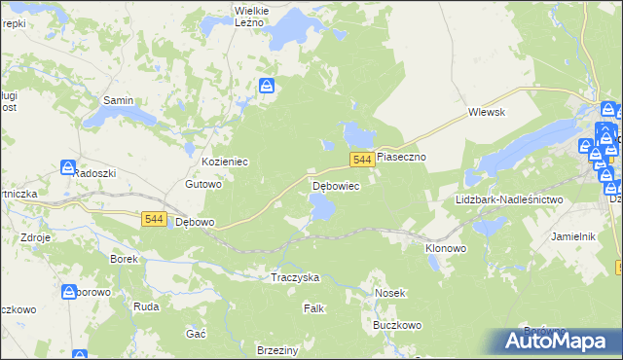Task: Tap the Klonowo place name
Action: (x=446, y=248)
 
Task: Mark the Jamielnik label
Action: (x=573, y=236)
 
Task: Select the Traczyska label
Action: (x=295, y=277)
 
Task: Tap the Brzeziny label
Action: (x=276, y=349)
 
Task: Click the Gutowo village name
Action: (x=204, y=184)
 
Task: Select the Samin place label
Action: (x=119, y=100)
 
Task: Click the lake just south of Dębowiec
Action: (x=321, y=206)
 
